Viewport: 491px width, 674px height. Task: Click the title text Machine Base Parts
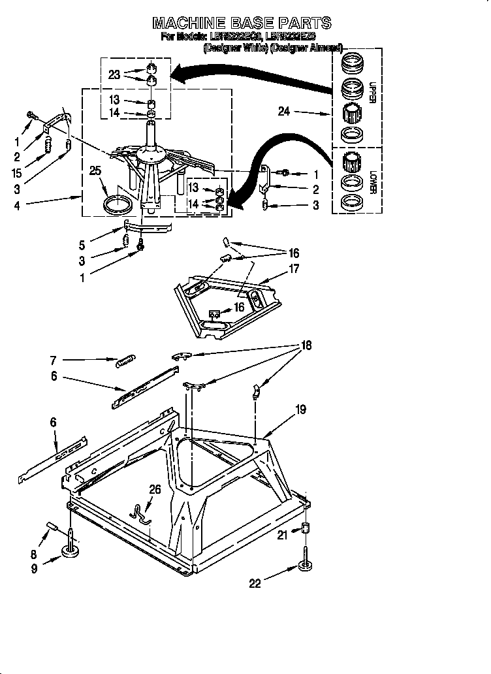point(242,24)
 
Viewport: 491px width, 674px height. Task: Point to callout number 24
point(283,112)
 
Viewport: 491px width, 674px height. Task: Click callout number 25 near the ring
point(95,171)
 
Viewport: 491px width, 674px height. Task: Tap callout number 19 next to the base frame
point(300,410)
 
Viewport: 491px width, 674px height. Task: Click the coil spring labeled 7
point(124,360)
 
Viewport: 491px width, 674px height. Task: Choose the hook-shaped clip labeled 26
point(140,513)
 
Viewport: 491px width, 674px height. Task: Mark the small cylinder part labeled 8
point(52,526)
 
